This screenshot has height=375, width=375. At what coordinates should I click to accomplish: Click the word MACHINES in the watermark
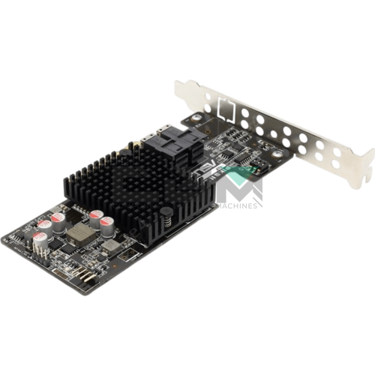(238, 205)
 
